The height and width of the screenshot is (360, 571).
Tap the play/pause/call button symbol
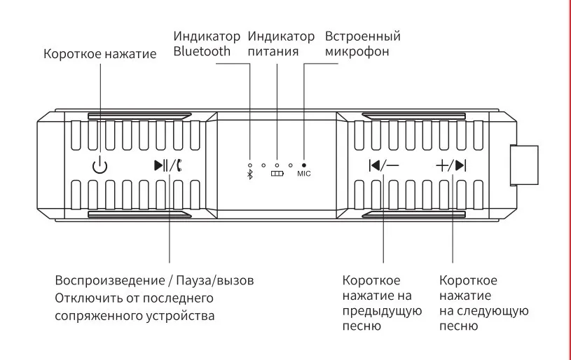tap(170, 166)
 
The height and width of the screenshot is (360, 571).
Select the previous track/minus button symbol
tap(383, 166)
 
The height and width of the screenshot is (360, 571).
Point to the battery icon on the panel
tap(277, 174)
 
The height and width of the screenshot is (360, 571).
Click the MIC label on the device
tap(303, 173)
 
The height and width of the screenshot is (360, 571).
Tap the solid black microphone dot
tap(303, 164)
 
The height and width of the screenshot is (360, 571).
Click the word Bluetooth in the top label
tap(202, 51)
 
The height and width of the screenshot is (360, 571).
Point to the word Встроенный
tap(363, 36)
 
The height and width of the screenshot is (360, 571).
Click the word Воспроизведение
tap(109, 280)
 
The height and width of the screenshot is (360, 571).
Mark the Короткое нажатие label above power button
tap(99, 54)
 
